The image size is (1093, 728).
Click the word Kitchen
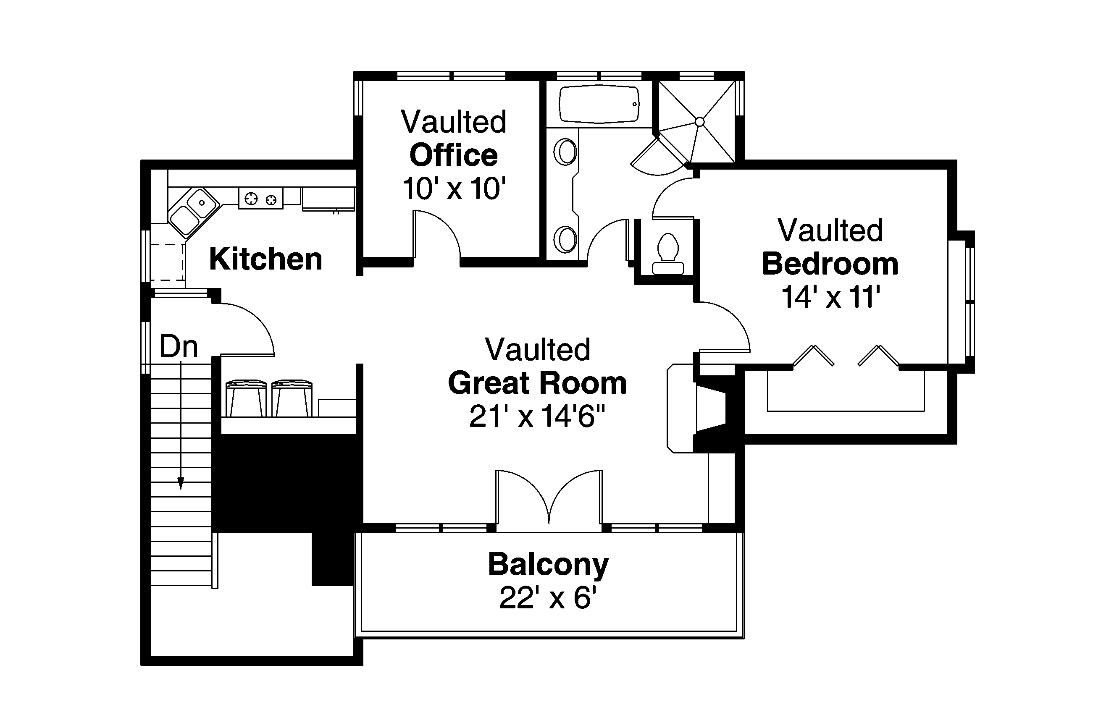point(266,259)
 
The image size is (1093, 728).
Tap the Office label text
point(453,155)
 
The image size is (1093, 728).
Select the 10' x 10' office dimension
point(454,188)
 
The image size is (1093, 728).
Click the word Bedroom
point(830,264)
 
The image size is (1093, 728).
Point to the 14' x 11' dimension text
point(830,297)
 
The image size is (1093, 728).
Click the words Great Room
point(537,383)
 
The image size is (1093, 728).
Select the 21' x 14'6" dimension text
point(537,416)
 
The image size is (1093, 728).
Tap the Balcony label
point(548,565)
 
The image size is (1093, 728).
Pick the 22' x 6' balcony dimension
point(548,597)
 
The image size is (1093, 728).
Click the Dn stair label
point(179,346)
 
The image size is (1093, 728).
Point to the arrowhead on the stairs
point(181,484)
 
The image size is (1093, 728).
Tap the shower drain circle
point(699,122)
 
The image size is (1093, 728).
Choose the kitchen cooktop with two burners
point(260,199)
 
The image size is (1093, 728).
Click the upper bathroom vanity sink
point(565,152)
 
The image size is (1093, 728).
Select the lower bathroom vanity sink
point(565,240)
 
